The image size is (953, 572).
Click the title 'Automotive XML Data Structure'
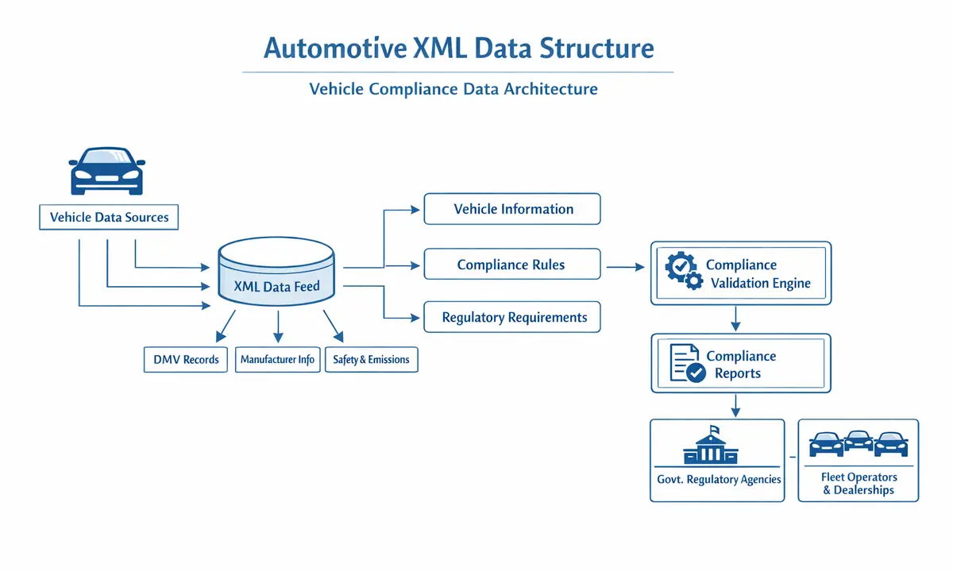coord(458,48)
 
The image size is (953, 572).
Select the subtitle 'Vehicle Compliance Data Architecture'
coord(453,89)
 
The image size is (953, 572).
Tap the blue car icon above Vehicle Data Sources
coord(107,171)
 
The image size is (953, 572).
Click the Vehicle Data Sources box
coord(109,217)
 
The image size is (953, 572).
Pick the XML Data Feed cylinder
coord(276,278)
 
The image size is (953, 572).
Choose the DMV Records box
coord(186,359)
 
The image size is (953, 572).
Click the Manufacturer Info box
coord(277,359)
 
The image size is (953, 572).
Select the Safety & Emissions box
coord(371,359)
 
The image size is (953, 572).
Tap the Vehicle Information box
coord(512,209)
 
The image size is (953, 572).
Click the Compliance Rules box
coord(512,265)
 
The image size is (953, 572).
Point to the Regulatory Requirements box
coord(512,317)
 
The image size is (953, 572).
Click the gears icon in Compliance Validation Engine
coord(683,271)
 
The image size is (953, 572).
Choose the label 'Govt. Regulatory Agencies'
coord(719,479)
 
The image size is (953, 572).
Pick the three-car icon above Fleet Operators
coord(858,443)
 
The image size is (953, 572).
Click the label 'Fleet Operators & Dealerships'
coord(858,483)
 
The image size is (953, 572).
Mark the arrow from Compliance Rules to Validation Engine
coord(625,269)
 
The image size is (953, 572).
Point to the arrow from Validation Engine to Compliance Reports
coord(735,319)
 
